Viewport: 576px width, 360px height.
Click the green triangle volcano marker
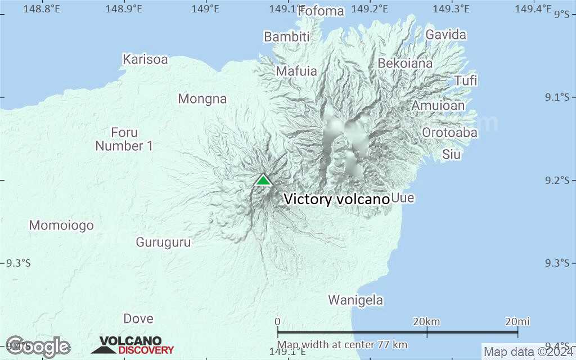[263, 180]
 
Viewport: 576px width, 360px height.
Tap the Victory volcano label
[336, 199]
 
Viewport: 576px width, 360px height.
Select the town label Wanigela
[355, 300]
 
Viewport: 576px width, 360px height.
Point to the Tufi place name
[466, 80]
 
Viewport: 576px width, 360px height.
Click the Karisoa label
[145, 59]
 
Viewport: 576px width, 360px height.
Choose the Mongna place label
[202, 99]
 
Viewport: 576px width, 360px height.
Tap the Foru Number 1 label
[124, 139]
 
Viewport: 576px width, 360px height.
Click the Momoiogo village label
[61, 226]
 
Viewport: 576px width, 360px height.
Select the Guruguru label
[163, 242]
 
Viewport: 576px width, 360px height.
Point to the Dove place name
[138, 318]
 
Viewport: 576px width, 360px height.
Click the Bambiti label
[287, 37]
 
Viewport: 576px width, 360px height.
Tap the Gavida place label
[445, 34]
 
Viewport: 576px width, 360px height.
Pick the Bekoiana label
[405, 63]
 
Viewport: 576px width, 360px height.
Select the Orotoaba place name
[449, 133]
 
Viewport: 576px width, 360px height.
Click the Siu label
[451, 154]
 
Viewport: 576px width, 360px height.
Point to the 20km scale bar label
[426, 321]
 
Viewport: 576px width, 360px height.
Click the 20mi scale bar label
[517, 321]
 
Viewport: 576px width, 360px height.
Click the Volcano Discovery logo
[133, 345]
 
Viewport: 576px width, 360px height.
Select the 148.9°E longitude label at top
[124, 8]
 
